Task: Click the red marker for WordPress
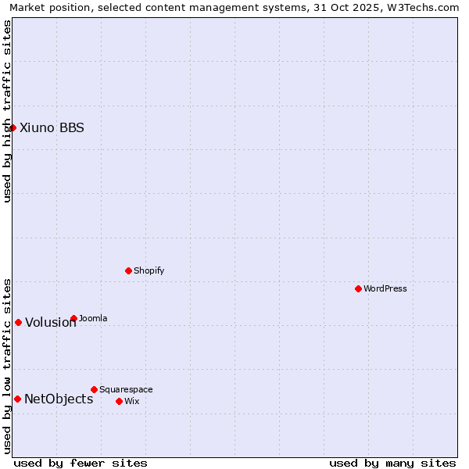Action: [358, 288]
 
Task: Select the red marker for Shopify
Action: [128, 270]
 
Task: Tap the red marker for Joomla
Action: [73, 318]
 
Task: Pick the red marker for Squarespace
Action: [94, 389]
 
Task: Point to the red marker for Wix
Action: [119, 401]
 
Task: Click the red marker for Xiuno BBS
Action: [13, 127]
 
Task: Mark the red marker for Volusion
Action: [18, 322]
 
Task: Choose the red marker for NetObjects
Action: [17, 399]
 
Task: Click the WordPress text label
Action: [385, 288]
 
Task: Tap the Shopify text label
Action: [149, 270]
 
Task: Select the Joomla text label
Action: [93, 318]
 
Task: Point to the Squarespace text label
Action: [126, 389]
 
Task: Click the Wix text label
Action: [131, 401]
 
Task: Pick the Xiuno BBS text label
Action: [52, 127]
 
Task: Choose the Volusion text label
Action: [51, 322]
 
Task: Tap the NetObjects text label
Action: [59, 399]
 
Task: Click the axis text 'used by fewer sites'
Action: [81, 463]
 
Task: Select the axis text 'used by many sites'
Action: [392, 463]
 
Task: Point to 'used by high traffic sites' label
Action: [7, 111]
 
